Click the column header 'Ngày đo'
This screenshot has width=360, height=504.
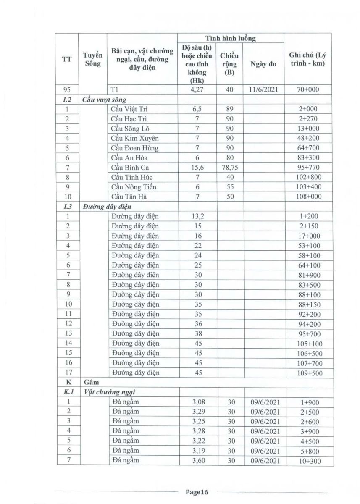(x=263, y=64)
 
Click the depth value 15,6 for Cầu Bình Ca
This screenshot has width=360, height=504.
(x=197, y=168)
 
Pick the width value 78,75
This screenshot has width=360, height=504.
(x=229, y=168)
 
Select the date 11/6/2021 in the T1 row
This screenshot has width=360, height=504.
(x=263, y=89)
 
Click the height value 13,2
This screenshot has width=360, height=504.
(x=197, y=216)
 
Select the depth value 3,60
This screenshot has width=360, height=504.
(x=197, y=461)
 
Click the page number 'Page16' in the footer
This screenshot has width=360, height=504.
(x=197, y=492)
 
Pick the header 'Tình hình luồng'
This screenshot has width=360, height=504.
(x=230, y=38)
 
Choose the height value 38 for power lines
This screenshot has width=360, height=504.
(x=197, y=334)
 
